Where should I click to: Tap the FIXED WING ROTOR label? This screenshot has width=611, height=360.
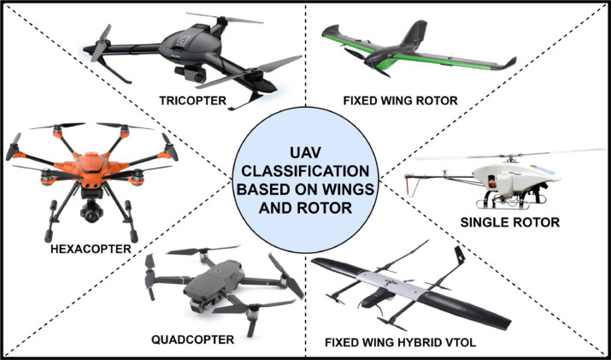(x=400, y=100)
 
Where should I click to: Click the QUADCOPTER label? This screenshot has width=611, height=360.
(x=193, y=339)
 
